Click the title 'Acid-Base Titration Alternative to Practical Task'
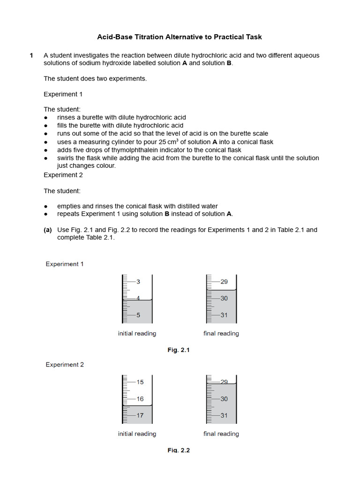pos(180,37)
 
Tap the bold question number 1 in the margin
pos(31,55)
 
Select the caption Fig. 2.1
pos(179,350)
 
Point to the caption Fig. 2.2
pos(179,450)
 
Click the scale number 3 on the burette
pos(138,282)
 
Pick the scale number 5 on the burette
pos(138,315)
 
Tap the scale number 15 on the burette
pos(140,382)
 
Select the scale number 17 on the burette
pos(140,415)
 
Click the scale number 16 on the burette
pos(140,399)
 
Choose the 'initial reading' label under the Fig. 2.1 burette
pos(137,333)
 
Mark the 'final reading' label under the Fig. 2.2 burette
pos(221,434)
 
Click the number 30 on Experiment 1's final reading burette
pos(224,298)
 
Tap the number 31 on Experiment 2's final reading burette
pos(224,415)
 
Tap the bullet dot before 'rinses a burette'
pos(46,118)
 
